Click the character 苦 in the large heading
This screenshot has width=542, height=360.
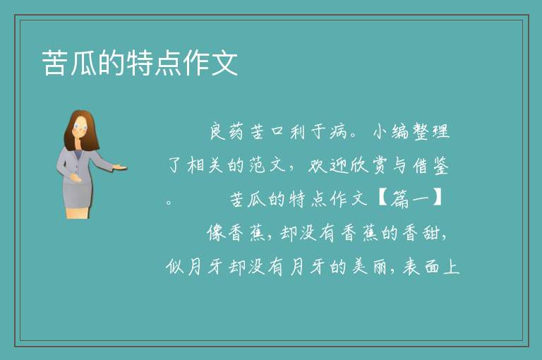coord(55,63)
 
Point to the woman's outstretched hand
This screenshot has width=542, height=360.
coord(119,167)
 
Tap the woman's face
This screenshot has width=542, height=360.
coord(80,126)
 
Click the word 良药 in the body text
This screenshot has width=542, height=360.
coord(227,131)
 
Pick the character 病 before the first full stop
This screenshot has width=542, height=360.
coord(339,131)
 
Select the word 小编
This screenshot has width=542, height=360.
coord(391,131)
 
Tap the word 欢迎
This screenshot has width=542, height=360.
coord(327,165)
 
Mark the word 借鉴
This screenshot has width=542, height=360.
coord(431,165)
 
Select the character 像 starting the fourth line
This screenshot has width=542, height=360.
coord(217,233)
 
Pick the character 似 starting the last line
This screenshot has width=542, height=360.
coord(174,267)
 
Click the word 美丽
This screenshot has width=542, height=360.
coord(369,267)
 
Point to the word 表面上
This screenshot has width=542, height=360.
coord(430,267)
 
